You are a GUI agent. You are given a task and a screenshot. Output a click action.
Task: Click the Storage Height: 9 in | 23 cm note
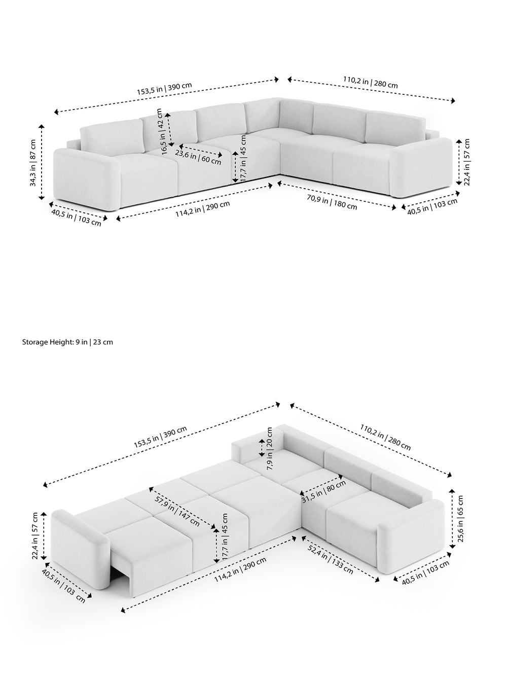[x=67, y=342]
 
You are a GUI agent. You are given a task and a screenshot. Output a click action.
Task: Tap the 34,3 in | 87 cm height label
[x=33, y=163]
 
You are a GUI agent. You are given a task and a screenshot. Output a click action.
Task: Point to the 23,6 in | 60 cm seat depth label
[x=198, y=157]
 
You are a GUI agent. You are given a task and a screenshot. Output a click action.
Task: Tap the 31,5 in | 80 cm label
[x=323, y=492]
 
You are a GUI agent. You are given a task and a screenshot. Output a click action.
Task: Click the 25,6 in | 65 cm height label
[x=460, y=519]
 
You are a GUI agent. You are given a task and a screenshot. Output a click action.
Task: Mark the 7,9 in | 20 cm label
[x=270, y=448]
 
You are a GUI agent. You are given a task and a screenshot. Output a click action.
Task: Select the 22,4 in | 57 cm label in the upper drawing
[x=466, y=162]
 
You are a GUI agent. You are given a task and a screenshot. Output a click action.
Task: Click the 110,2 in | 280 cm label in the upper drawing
[x=371, y=82]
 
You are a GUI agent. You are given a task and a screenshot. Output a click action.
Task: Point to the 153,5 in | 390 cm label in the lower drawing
[x=160, y=437]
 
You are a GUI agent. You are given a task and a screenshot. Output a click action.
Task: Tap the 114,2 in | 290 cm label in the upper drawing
[x=203, y=209]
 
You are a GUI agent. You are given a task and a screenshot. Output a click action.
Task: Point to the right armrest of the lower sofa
[x=411, y=537]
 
